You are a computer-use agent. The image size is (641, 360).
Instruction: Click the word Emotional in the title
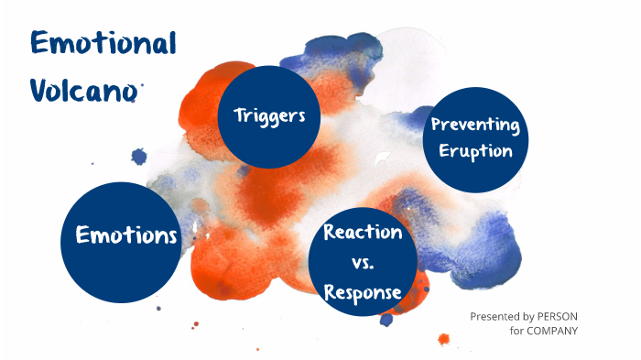pos(103,43)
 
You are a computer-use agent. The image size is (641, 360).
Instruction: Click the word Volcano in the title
pos(84,89)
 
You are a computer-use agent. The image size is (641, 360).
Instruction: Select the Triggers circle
pos(269,116)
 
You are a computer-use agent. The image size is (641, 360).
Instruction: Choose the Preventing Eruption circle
pos(474,138)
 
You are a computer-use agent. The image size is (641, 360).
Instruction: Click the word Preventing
pos(474,124)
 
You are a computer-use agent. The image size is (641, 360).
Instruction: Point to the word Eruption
pos(474,151)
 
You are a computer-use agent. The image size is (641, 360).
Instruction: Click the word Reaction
pos(363,233)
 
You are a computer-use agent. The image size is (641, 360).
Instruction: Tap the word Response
pos(363,293)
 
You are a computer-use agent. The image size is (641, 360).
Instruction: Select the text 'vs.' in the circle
pos(363,264)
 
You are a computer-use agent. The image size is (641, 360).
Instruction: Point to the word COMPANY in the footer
pos(553,331)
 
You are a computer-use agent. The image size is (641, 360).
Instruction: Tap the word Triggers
pos(269,116)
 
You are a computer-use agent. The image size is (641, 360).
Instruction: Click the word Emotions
pos(126,236)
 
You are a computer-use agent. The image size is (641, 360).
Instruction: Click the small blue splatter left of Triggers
pos(139,157)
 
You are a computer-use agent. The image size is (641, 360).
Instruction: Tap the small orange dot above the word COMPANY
pos(443,339)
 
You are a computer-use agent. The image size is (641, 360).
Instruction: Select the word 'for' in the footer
pos(517,331)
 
